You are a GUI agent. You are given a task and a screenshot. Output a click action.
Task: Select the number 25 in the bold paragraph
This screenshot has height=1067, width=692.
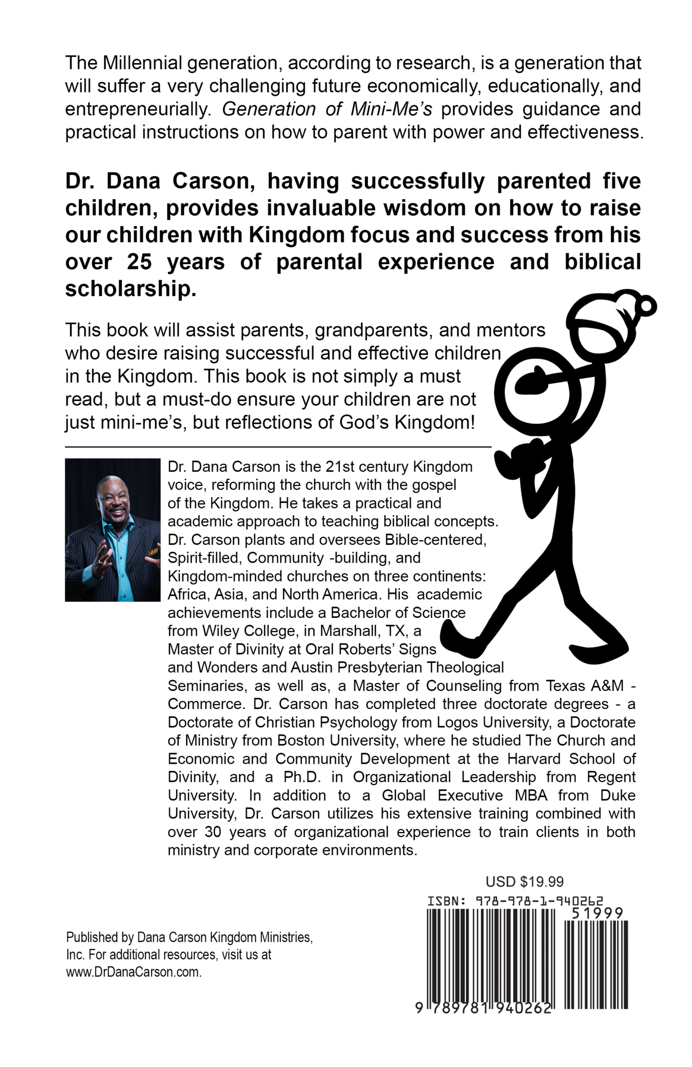click(139, 262)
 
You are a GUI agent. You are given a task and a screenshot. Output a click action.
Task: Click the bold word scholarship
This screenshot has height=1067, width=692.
click(130, 289)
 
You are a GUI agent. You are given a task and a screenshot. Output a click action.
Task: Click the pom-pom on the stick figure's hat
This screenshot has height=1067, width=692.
click(646, 305)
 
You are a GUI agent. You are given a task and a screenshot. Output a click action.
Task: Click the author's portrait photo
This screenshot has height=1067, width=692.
click(113, 529)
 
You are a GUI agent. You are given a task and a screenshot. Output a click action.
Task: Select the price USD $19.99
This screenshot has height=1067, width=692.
click(525, 882)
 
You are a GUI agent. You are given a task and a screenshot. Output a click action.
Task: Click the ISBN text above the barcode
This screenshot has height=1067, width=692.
click(515, 901)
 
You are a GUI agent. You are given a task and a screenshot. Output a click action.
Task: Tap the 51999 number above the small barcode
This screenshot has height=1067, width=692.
click(597, 913)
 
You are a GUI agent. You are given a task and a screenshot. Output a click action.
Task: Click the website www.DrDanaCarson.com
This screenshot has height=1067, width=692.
click(133, 972)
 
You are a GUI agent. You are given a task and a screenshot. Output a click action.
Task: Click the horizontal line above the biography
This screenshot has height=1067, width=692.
click(278, 446)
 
